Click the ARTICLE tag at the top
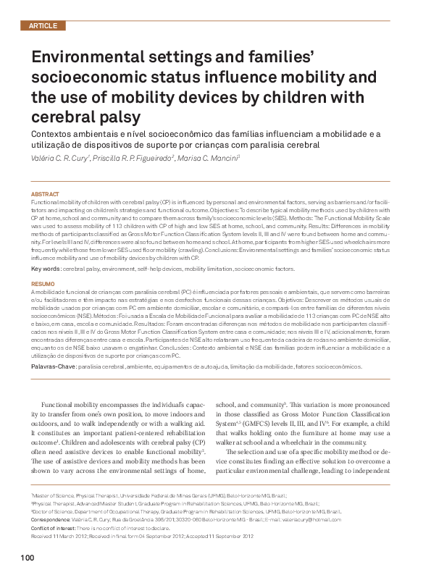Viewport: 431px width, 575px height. click(x=42, y=26)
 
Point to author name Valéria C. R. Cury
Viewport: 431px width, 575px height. click(x=59, y=156)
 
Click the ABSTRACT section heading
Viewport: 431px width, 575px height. click(x=44, y=195)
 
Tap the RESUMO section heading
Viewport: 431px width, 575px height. click(x=43, y=283)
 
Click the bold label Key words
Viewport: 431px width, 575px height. click(x=45, y=268)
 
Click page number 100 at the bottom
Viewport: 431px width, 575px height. click(x=28, y=558)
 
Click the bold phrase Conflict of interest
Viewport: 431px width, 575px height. click(x=54, y=528)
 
